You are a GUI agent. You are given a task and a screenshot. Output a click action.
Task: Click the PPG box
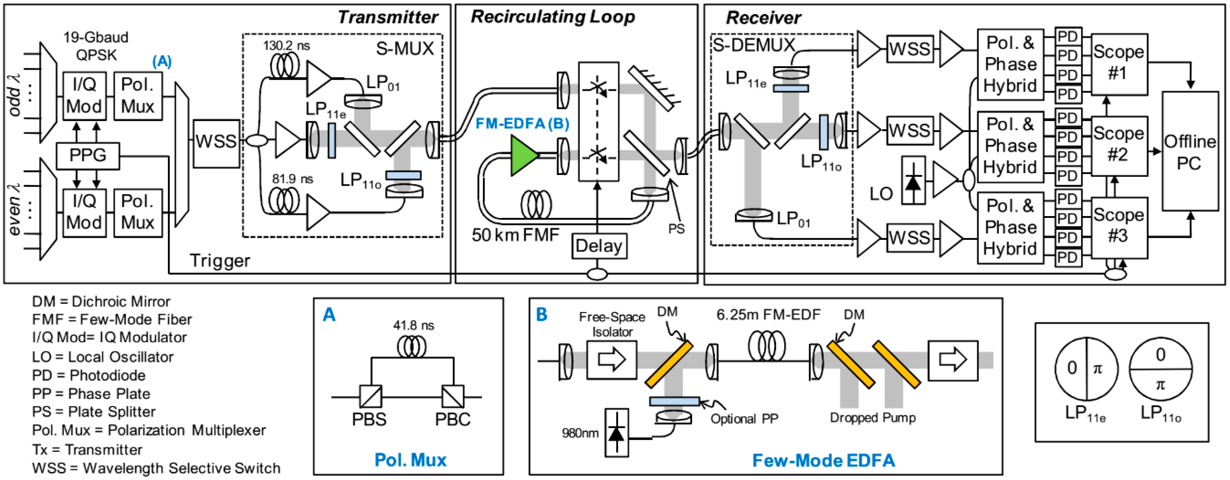(x=87, y=155)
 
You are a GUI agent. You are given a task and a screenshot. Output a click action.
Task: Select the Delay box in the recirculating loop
(x=599, y=246)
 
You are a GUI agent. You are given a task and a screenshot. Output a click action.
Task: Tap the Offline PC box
(x=1189, y=152)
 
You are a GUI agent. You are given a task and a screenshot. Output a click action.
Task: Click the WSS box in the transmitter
(x=216, y=142)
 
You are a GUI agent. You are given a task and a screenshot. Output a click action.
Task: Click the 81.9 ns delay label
(x=292, y=179)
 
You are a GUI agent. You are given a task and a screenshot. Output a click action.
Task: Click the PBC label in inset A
(x=452, y=419)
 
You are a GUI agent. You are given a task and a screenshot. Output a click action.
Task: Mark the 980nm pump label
(x=580, y=433)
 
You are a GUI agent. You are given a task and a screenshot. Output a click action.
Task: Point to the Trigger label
(x=220, y=261)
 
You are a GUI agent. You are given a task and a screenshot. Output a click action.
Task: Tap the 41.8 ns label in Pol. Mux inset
(x=413, y=326)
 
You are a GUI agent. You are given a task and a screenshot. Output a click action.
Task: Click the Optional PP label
(x=744, y=419)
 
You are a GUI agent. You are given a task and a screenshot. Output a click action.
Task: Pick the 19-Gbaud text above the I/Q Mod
(x=96, y=37)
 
